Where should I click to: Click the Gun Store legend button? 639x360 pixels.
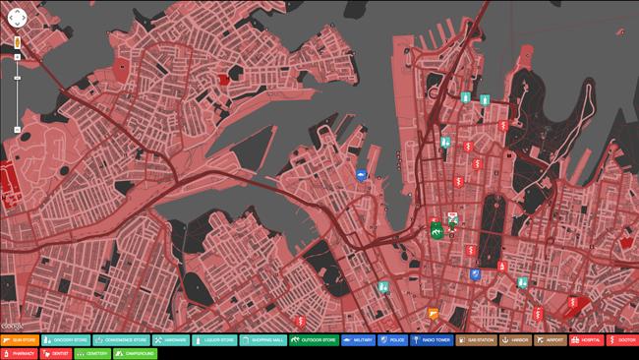click(19, 340)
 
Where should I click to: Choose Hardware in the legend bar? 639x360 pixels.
click(171, 340)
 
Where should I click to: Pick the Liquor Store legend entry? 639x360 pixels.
click(215, 340)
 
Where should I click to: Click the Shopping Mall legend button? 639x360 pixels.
click(263, 340)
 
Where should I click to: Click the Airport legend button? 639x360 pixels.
click(550, 340)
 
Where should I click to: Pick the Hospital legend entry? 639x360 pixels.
click(587, 340)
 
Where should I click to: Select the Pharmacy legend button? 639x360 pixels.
click(19, 353)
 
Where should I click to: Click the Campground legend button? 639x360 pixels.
click(136, 353)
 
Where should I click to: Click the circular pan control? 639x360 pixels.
click(16, 17)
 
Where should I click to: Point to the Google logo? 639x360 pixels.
click(12, 326)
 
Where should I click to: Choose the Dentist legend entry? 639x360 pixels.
click(56, 353)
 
